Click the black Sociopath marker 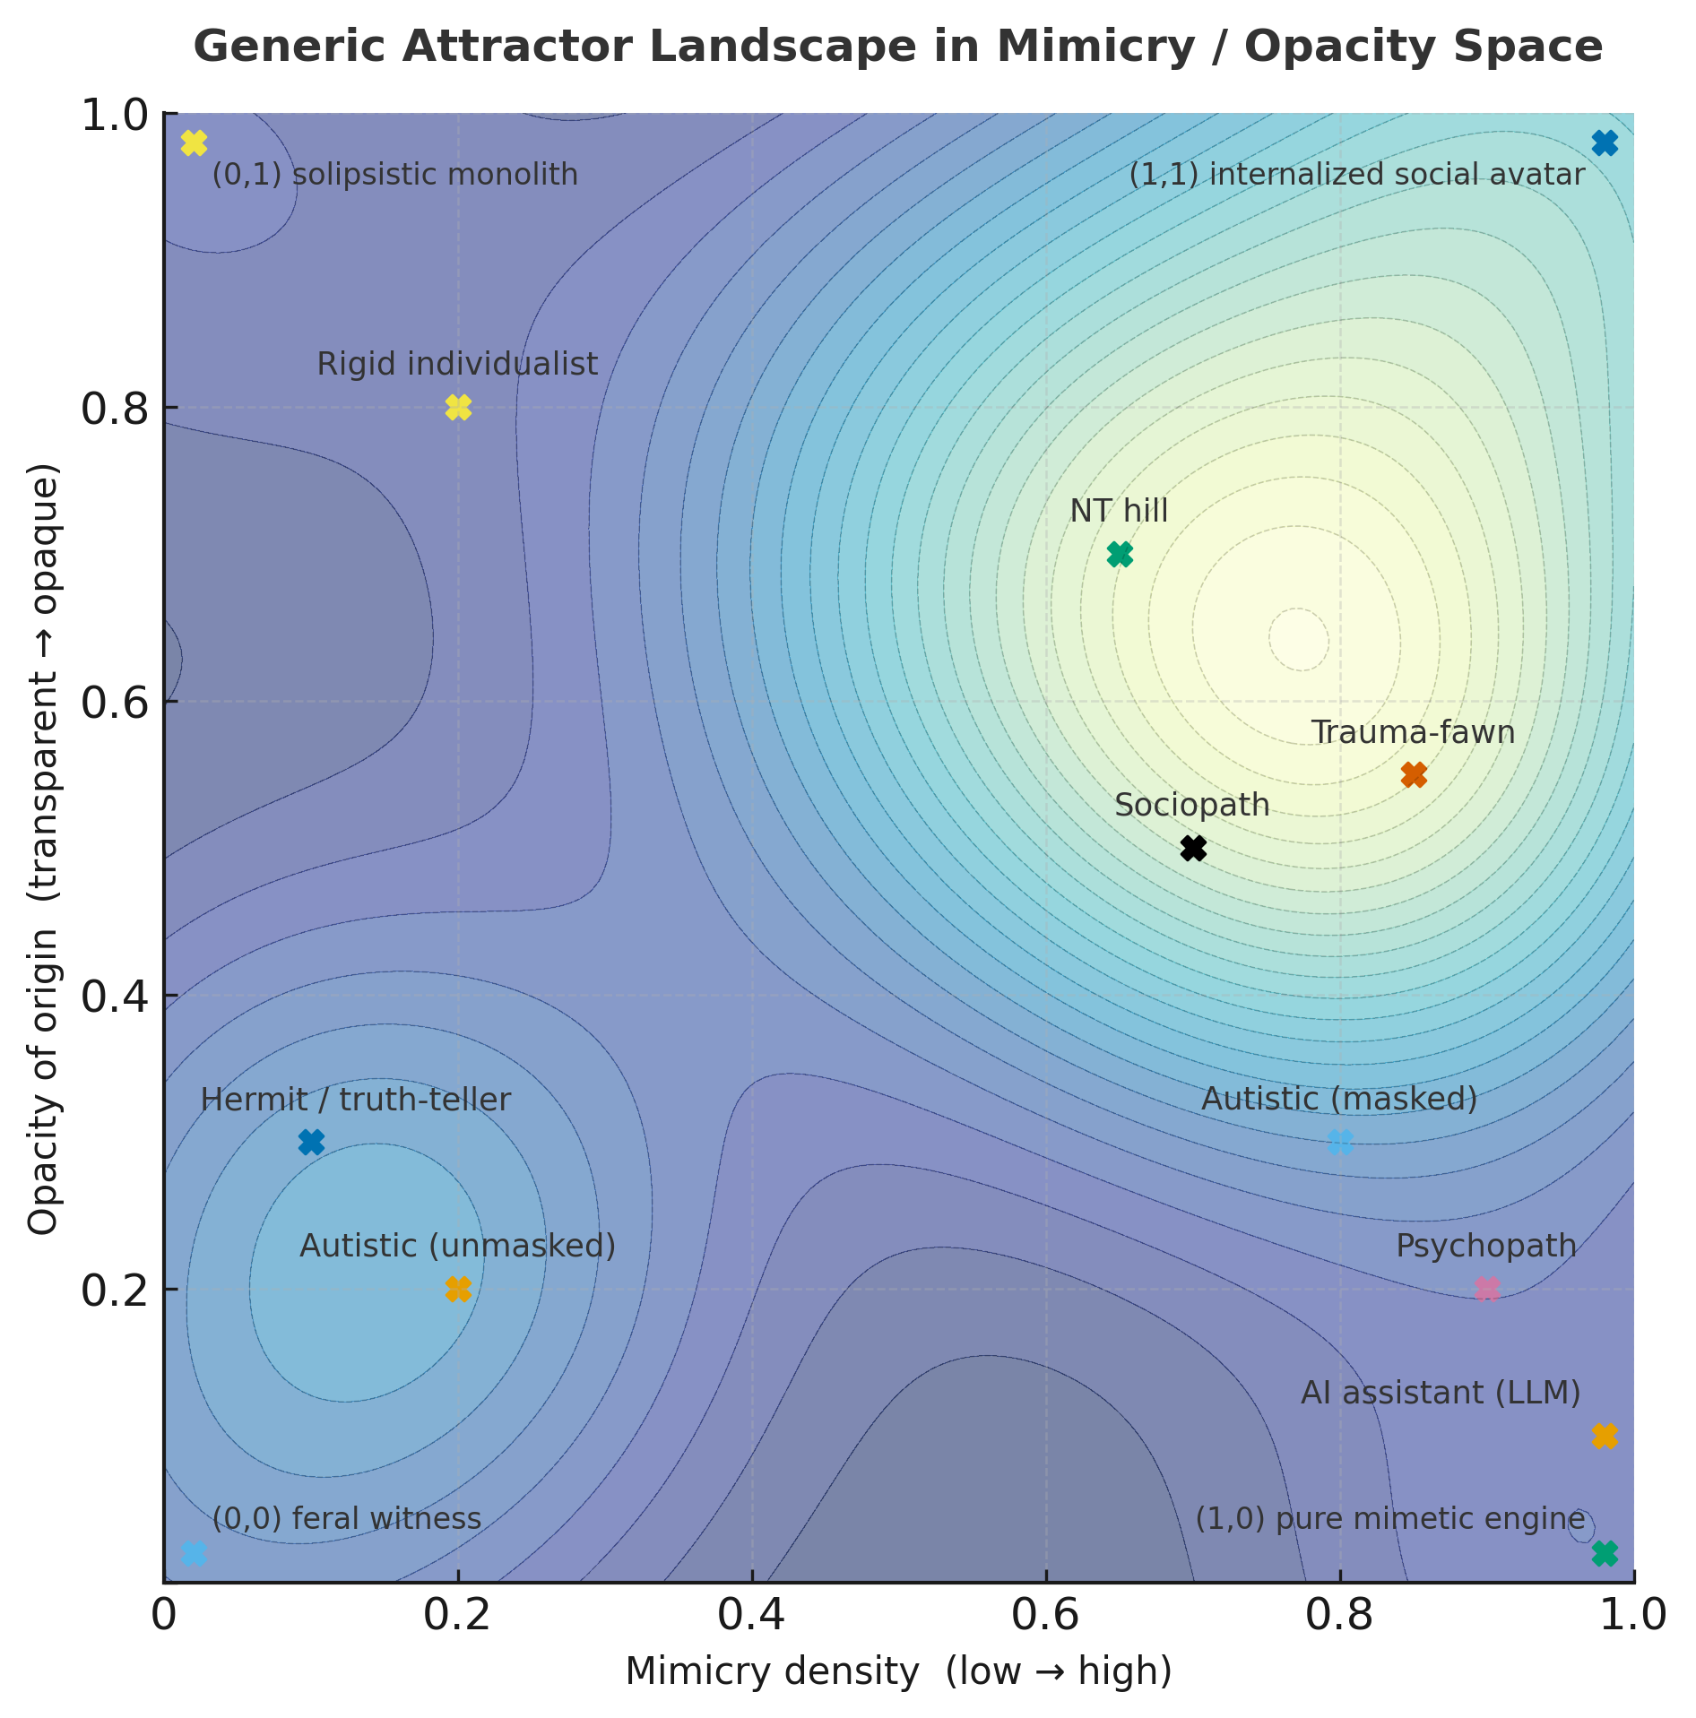coord(1193,848)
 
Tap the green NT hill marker coord(1120,554)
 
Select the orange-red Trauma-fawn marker coord(1414,774)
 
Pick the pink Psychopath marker coord(1487,1289)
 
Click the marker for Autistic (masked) coord(1340,1142)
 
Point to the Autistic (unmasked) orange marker coord(458,1289)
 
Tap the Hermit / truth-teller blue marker coord(311,1142)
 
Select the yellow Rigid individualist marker coord(458,407)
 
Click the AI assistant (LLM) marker coord(1605,1436)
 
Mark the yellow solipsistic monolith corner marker coord(194,142)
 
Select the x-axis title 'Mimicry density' coord(772,1672)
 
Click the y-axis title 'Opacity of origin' coord(43,1080)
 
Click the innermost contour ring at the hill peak coord(1299,639)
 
